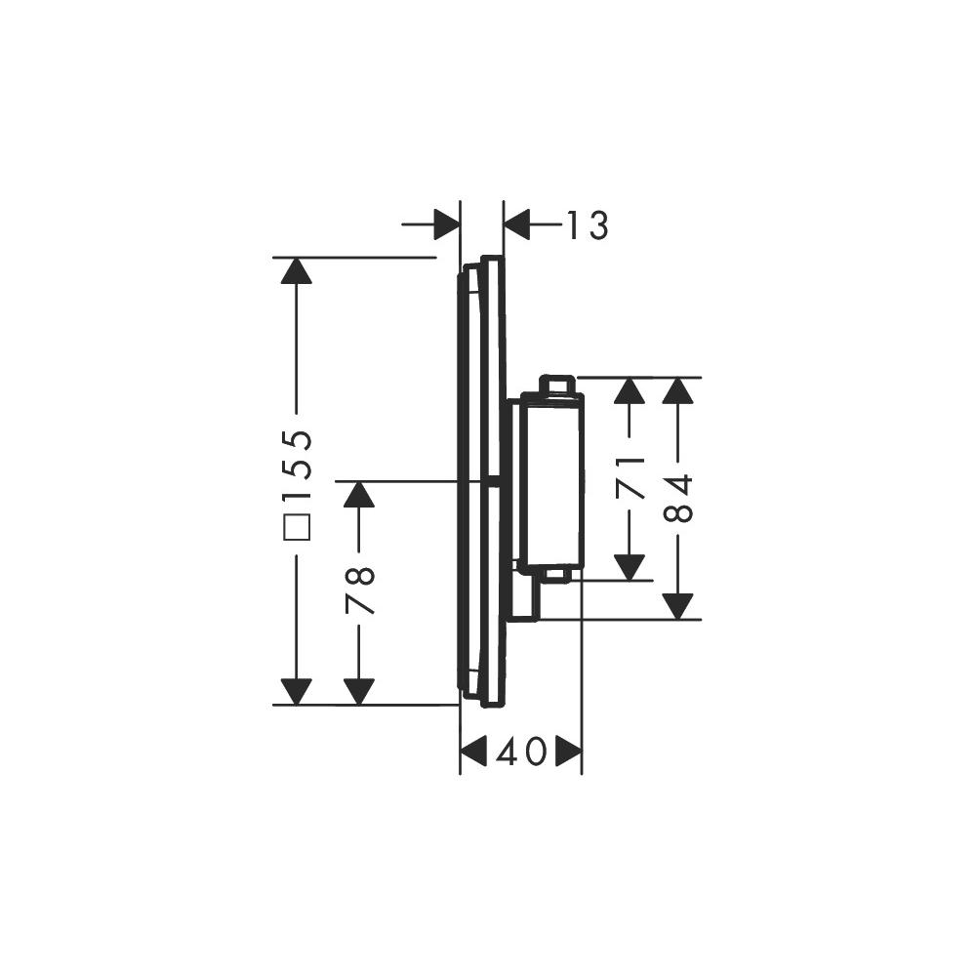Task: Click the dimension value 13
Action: (587, 224)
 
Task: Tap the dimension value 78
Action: (359, 590)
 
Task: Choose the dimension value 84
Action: (677, 498)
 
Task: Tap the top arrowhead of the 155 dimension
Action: (297, 270)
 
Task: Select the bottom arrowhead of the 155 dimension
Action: (297, 692)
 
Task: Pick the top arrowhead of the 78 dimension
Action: (359, 495)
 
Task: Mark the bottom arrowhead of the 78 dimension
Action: (359, 692)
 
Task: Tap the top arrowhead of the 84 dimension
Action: (677, 391)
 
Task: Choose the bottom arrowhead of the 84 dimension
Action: (677, 606)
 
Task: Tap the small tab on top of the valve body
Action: (555, 384)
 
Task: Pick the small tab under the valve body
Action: (555, 575)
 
